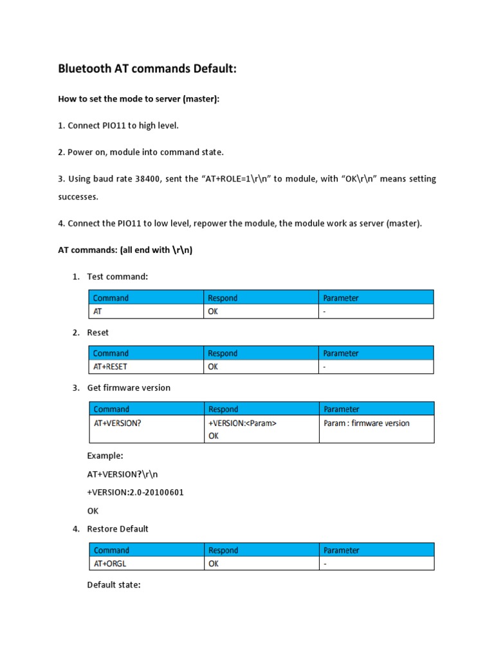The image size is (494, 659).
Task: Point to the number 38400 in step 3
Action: [x=150, y=178]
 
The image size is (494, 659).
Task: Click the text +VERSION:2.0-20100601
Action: [x=131, y=492]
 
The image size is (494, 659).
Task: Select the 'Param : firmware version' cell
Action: [x=367, y=423]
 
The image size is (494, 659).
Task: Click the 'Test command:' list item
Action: [x=117, y=276]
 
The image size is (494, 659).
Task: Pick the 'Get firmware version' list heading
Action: [x=129, y=387]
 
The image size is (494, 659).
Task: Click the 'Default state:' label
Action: [x=113, y=585]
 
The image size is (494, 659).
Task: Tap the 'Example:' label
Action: [x=105, y=455]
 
